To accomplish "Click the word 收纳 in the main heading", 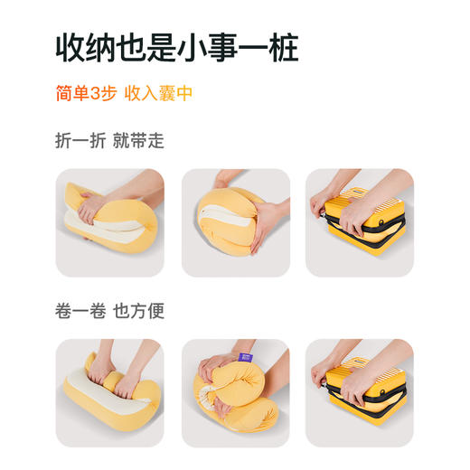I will click(85, 47).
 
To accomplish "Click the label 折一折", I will click(80, 141).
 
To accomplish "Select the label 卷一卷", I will click(80, 311).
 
